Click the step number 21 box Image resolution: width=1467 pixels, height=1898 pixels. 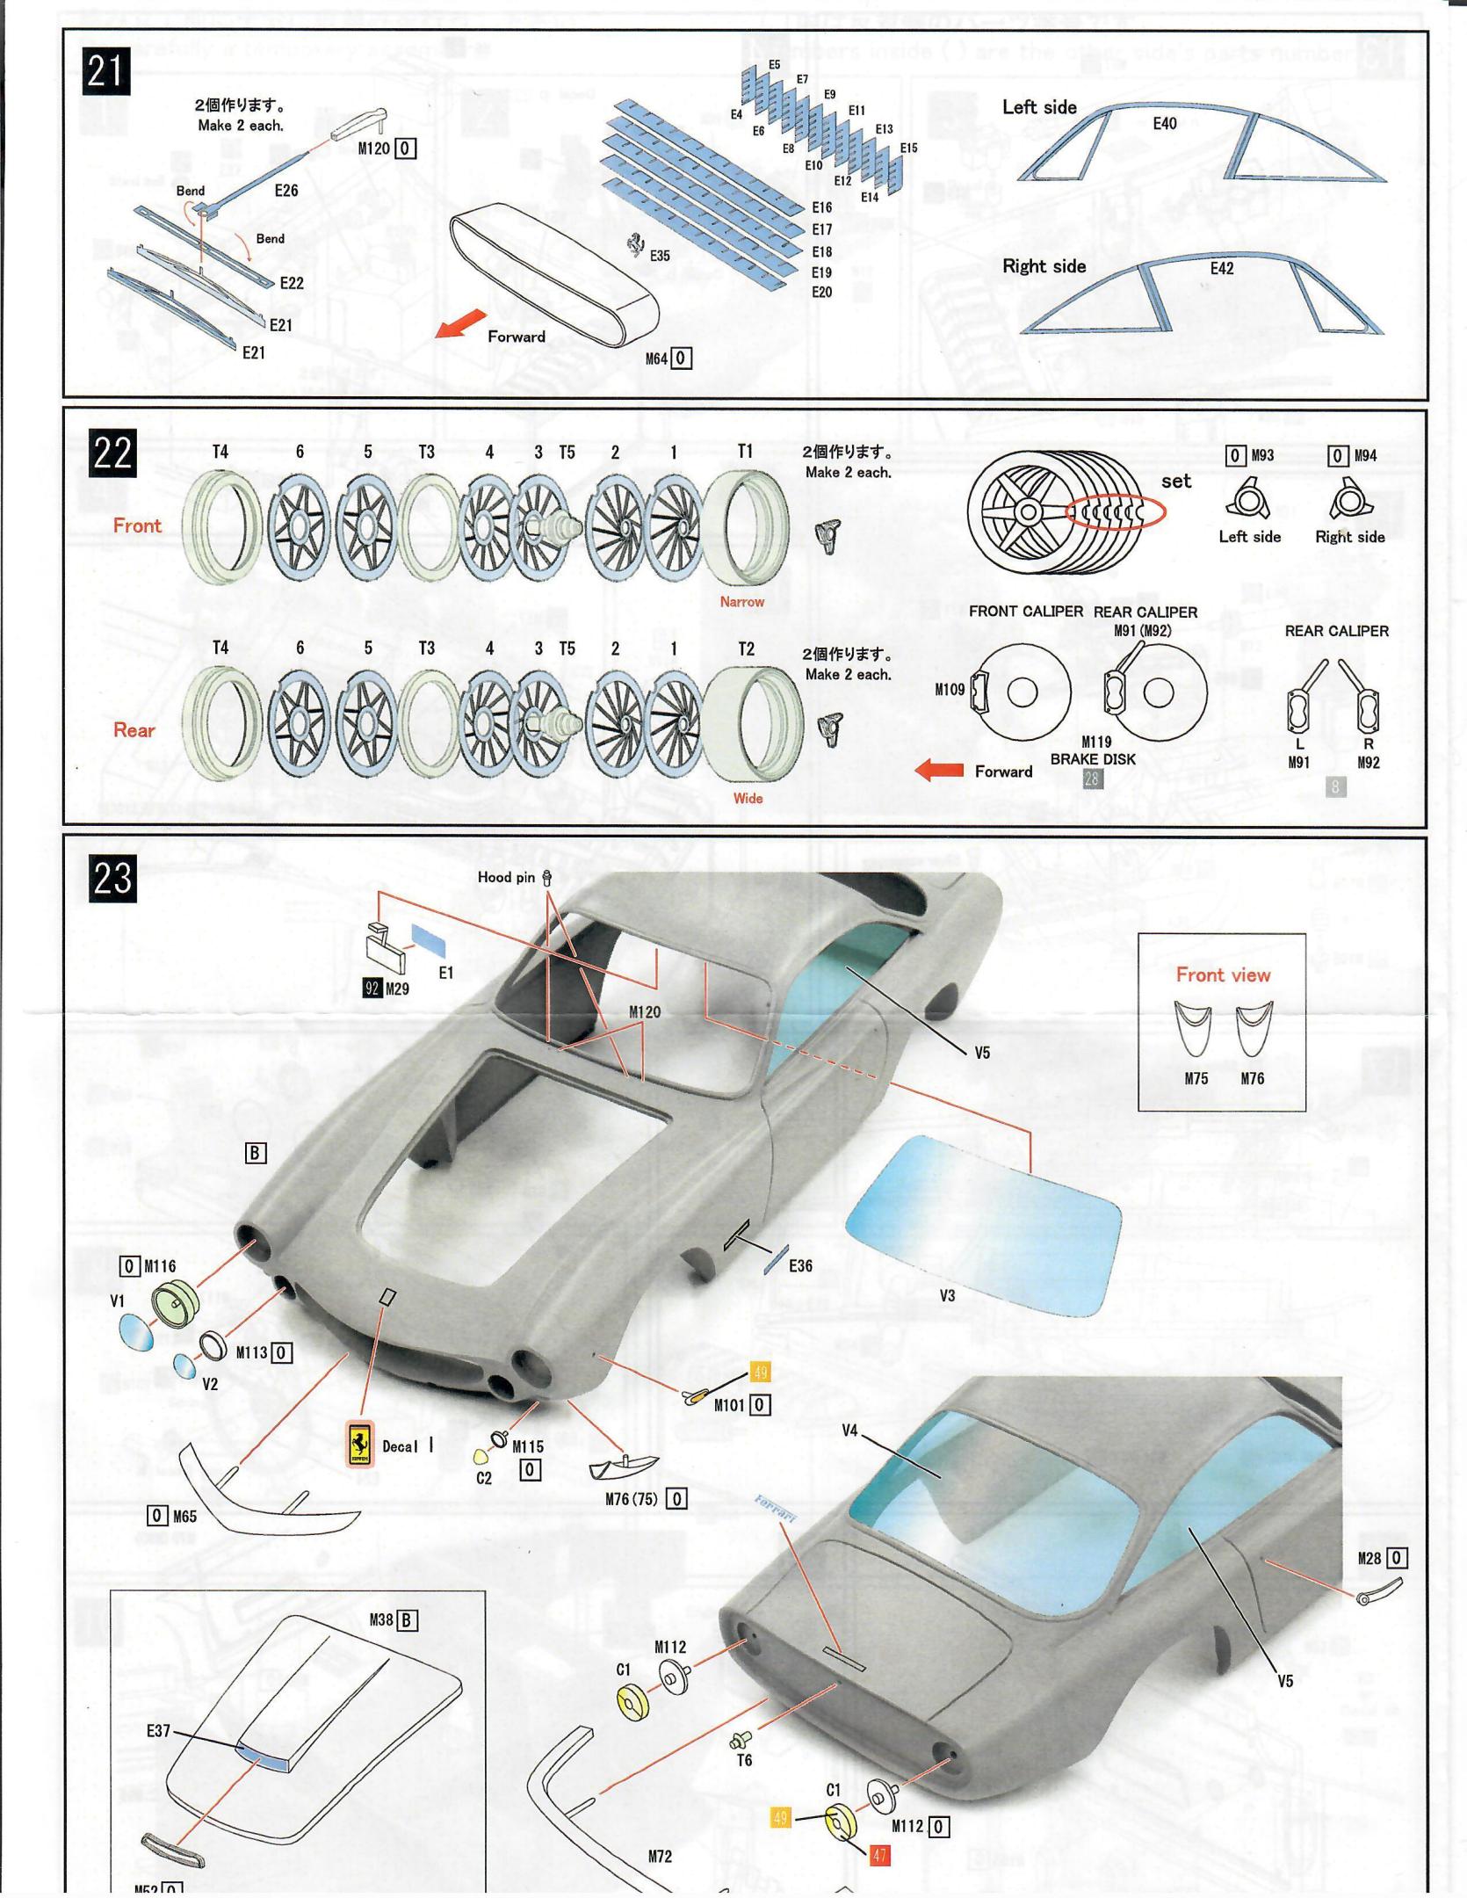(x=106, y=70)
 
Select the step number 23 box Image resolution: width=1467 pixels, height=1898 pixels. (x=112, y=878)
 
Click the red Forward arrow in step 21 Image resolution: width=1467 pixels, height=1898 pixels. (x=460, y=323)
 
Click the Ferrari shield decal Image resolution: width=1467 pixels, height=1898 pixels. (x=358, y=1444)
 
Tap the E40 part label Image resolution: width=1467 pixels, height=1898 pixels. (x=1164, y=124)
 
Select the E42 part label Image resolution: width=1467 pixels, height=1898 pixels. (x=1222, y=269)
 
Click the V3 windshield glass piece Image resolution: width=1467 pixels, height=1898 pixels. (x=982, y=1223)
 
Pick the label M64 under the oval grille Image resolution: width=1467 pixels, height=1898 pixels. (x=656, y=359)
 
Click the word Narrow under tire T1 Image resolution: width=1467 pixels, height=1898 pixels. (x=741, y=602)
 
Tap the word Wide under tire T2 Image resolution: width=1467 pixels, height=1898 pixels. (x=748, y=798)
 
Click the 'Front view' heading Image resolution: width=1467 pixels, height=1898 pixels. (x=1223, y=974)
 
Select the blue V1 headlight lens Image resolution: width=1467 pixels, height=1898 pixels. (x=135, y=1332)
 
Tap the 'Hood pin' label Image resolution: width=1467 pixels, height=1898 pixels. (x=506, y=877)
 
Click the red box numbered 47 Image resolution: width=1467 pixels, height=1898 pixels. (x=879, y=1855)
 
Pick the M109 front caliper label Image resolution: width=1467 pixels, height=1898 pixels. (x=950, y=690)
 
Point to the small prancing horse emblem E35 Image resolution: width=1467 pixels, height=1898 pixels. (x=635, y=246)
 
